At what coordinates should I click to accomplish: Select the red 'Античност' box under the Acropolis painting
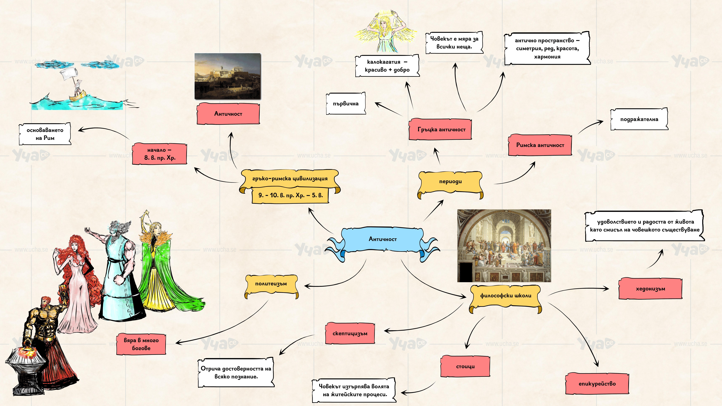point(228,113)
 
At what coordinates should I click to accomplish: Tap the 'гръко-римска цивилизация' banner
point(290,178)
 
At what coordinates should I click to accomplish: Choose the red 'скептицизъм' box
point(350,333)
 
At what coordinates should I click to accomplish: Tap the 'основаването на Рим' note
point(45,134)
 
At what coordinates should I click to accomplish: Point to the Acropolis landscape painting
point(228,76)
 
